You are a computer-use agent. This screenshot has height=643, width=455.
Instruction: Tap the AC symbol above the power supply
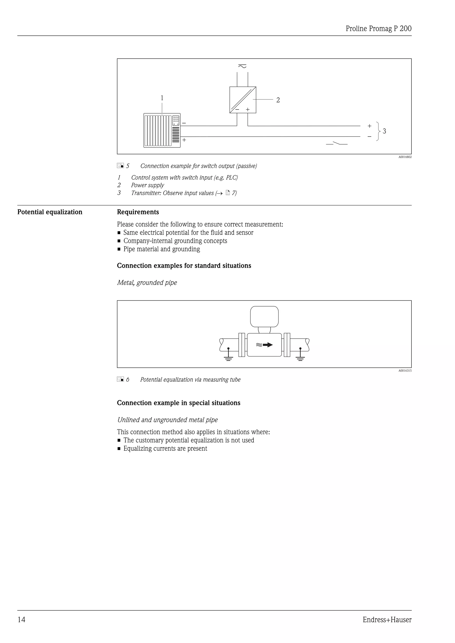coord(242,66)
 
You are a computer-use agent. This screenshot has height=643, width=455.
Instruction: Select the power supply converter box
coord(243,100)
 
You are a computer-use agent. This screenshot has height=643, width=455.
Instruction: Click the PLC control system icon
coord(162,130)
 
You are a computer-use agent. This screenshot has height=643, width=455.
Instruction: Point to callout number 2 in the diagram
coord(278,100)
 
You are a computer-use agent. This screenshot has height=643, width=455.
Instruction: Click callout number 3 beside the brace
coord(384,131)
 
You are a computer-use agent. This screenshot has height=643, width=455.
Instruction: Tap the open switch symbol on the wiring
coord(337,144)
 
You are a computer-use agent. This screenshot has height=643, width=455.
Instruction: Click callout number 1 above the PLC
coord(162,98)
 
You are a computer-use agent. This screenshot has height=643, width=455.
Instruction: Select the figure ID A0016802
coord(405,157)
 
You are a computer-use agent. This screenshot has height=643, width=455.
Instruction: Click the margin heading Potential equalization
coord(50,212)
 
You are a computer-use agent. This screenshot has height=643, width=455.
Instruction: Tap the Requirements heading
coord(138,212)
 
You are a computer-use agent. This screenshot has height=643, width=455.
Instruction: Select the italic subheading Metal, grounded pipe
coord(147,283)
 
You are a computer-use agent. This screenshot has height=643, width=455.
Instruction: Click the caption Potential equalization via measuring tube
coord(190,380)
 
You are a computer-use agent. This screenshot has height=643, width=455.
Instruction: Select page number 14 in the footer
coord(22,620)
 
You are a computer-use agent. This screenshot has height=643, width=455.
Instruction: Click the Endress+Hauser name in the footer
coord(387,620)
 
